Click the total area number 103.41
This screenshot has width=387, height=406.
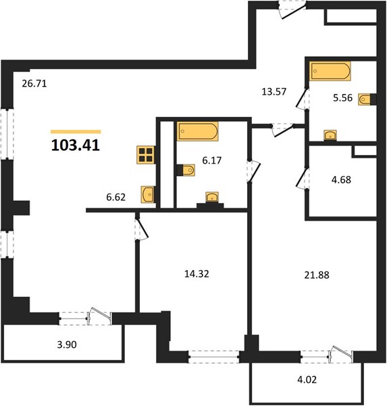tap(76, 145)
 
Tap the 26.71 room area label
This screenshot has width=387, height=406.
tap(34, 84)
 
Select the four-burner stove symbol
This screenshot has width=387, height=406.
tap(146, 155)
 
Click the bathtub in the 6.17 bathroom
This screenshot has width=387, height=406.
tap(198, 131)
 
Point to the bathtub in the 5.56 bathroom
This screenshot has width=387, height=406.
tap(330, 71)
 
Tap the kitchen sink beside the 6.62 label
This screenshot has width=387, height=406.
tap(148, 194)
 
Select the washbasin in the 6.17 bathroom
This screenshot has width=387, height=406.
tap(212, 198)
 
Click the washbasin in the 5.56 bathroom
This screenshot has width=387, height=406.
tap(330, 135)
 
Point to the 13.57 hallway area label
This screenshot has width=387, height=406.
tap(274, 91)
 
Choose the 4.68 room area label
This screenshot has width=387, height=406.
tap(341, 180)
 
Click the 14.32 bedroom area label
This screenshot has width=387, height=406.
tap(197, 273)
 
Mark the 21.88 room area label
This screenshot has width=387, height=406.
tap(317, 275)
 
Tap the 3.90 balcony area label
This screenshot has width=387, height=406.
tap(67, 344)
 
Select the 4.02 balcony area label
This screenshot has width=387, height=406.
tap(307, 380)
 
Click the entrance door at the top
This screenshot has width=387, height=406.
tap(292, 10)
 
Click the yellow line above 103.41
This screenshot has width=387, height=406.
tap(76, 132)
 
